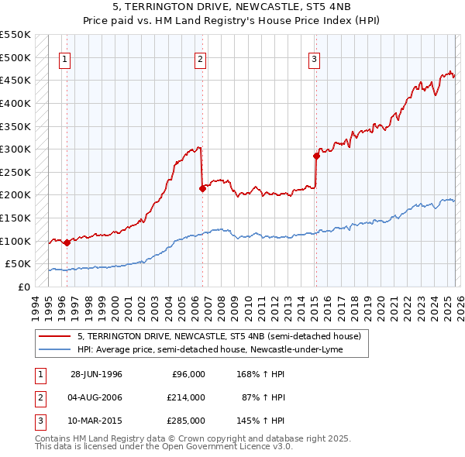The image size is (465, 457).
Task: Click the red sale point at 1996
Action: tap(67, 242)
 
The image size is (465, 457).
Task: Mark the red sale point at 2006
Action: tap(201, 188)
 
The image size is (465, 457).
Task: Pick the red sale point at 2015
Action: tap(316, 156)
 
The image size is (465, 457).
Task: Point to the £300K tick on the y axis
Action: tap(15, 149)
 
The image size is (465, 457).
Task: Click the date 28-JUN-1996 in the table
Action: tap(96, 374)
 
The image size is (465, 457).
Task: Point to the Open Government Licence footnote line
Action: tap(164, 447)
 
